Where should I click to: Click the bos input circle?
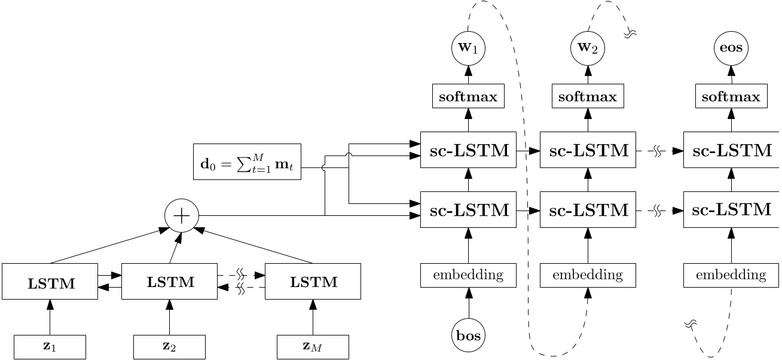[x=468, y=335]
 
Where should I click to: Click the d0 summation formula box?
[x=247, y=161]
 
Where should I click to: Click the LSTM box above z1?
[x=50, y=282]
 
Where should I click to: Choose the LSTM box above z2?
[x=169, y=282]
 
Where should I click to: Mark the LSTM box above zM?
[x=313, y=282]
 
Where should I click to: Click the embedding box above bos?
[x=468, y=275]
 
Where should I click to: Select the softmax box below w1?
[x=468, y=96]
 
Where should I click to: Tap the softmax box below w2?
[x=588, y=96]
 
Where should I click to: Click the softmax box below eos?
[x=731, y=96]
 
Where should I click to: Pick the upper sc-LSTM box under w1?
[x=468, y=150]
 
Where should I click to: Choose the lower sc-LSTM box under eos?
[x=731, y=210]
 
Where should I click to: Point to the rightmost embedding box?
[x=731, y=275]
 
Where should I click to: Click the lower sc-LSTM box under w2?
[x=588, y=210]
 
